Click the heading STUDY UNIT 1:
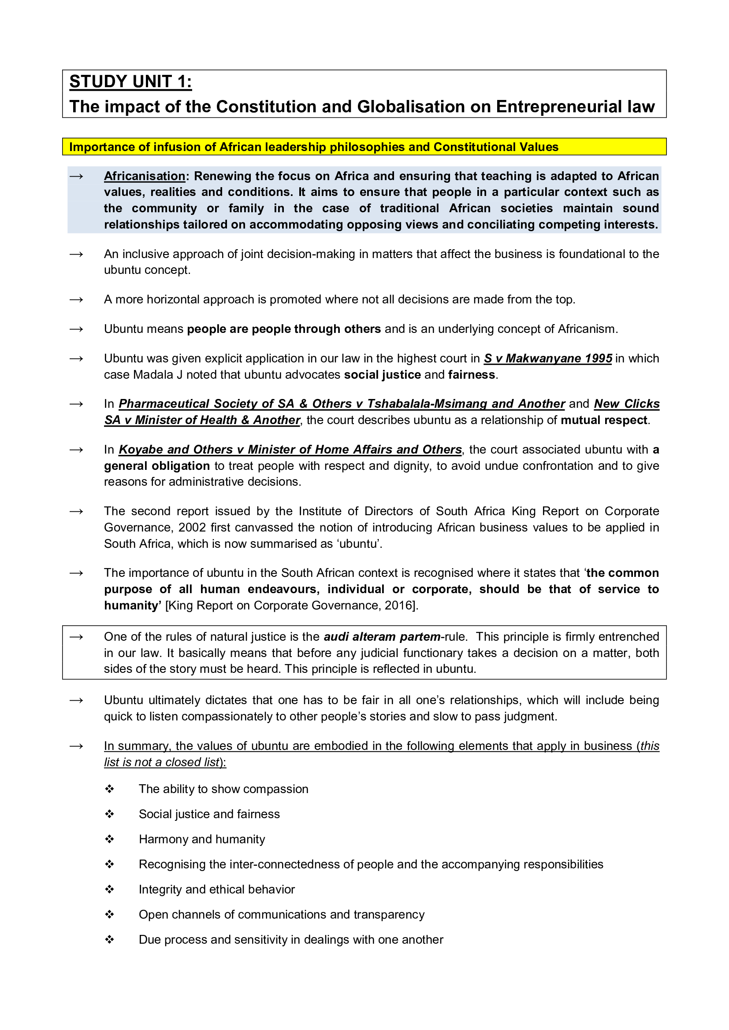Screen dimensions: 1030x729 coord(130,82)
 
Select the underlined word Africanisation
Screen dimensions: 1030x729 coord(145,176)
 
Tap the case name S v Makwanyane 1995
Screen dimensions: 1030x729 coord(548,358)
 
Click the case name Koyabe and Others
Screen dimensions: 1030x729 coord(180,450)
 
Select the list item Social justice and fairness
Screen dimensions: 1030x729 coord(209,814)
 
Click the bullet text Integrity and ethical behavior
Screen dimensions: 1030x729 coord(217,889)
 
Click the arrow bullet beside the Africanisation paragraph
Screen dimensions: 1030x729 coord(76,176)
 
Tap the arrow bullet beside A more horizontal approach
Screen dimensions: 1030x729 coord(76,300)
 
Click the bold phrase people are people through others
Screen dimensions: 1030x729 coord(284,329)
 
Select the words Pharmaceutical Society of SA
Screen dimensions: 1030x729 coord(206,404)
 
